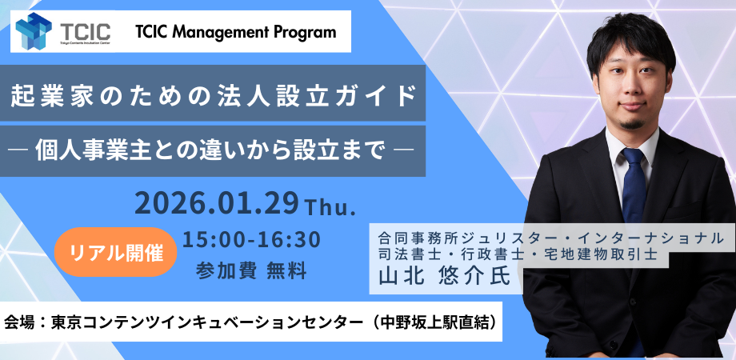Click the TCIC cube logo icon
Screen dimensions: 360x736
tap(34, 32)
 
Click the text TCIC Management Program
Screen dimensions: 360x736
tap(235, 33)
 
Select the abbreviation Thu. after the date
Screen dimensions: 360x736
tap(330, 207)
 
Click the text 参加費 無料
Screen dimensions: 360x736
tap(251, 270)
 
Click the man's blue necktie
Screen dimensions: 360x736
tap(634, 188)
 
